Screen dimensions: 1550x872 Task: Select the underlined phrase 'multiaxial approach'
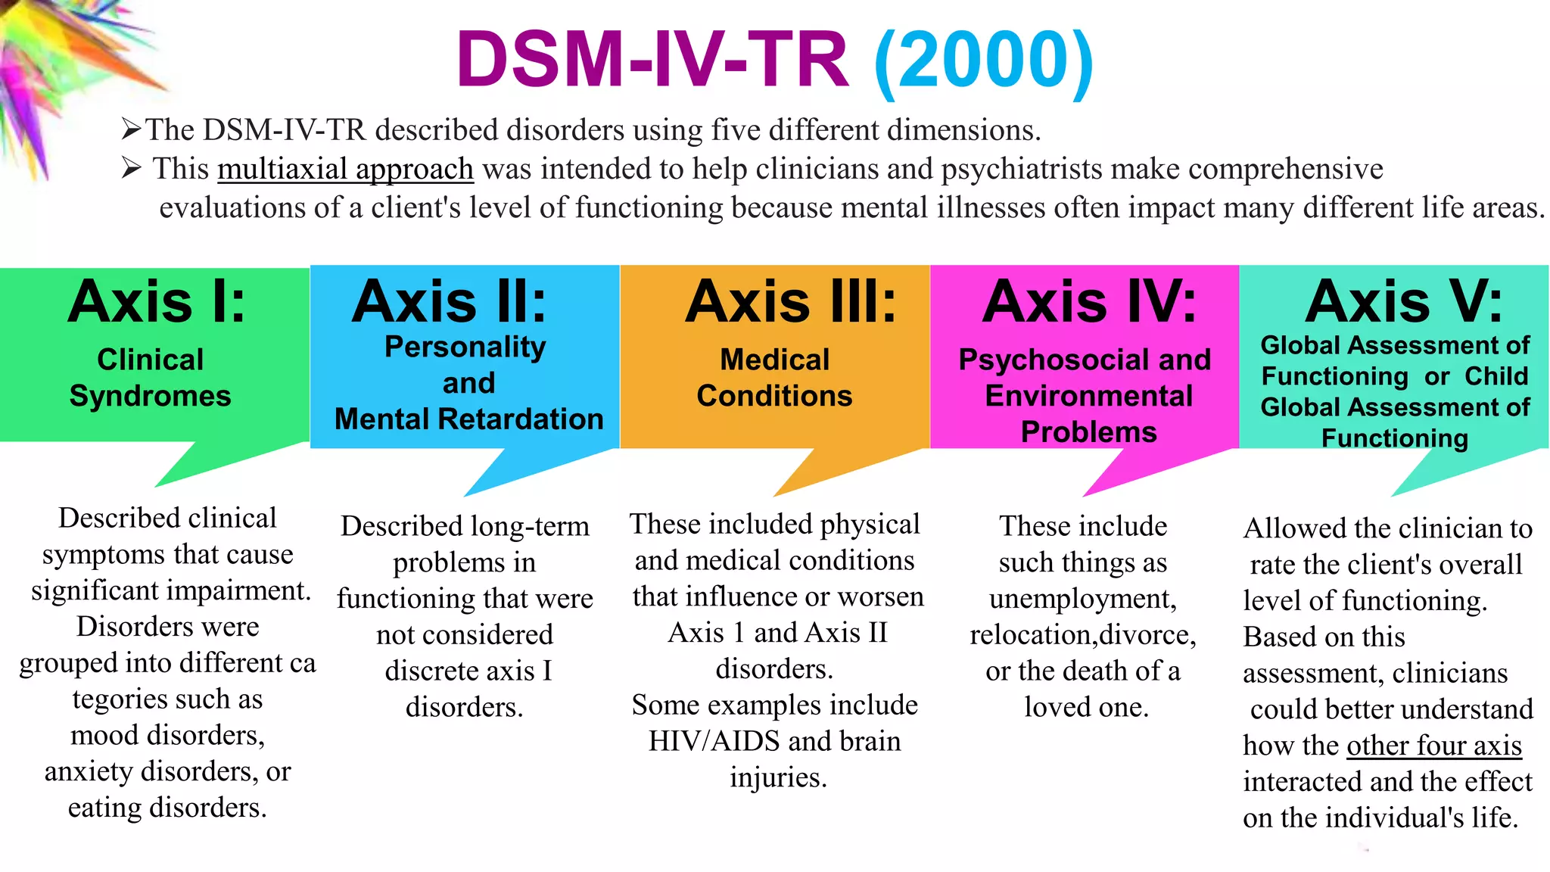click(345, 169)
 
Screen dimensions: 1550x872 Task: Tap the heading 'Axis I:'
click(157, 302)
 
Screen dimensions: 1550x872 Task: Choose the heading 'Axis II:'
click(449, 302)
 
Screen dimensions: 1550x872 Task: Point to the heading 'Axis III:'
click(790, 302)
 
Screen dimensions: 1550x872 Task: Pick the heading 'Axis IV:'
click(1089, 302)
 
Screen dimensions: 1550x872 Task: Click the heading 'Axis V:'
click(1403, 302)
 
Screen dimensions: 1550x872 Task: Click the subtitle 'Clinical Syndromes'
click(151, 377)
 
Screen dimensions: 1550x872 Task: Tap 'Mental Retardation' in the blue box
click(468, 419)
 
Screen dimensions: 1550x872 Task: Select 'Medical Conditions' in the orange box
click(774, 377)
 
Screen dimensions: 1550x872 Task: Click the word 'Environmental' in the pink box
click(1088, 396)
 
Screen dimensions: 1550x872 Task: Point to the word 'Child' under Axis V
click(1496, 376)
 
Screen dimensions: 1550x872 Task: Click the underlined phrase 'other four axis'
click(1434, 746)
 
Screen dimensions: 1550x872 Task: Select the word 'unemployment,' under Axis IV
click(1082, 599)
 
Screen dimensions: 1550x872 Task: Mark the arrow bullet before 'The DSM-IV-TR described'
click(131, 129)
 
